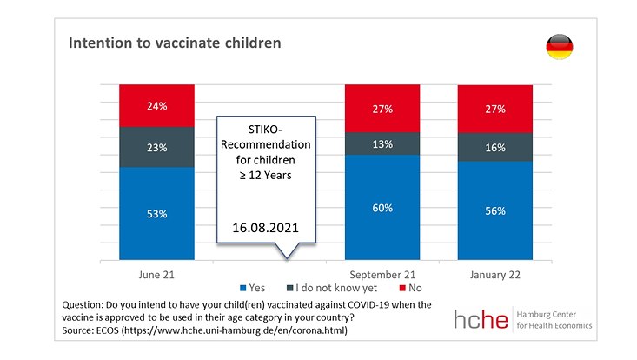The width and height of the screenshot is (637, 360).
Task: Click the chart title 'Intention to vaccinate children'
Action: point(175,43)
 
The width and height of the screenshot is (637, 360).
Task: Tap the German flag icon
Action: point(559,47)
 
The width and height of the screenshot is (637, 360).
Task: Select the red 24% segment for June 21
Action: point(157,105)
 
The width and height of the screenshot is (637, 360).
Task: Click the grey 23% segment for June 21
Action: point(157,147)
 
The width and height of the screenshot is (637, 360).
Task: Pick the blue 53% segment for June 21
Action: point(157,213)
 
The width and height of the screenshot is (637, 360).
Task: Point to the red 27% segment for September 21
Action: point(383,109)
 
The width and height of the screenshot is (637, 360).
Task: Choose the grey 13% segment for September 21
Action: point(383,143)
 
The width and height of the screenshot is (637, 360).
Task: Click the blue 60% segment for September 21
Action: point(383,208)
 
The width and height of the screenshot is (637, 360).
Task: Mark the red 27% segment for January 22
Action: point(495,110)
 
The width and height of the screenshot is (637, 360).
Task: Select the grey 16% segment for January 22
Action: point(495,148)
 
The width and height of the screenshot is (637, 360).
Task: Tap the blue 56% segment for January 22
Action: point(495,211)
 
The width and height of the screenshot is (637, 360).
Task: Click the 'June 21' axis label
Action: point(157,275)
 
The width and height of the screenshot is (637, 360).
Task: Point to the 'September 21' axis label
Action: point(383,275)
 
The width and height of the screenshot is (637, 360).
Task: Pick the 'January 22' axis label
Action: point(495,275)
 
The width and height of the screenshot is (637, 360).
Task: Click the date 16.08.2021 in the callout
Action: point(266,228)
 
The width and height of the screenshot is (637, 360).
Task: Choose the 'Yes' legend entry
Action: point(253,288)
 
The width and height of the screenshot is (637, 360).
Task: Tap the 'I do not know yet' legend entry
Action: point(327,288)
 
